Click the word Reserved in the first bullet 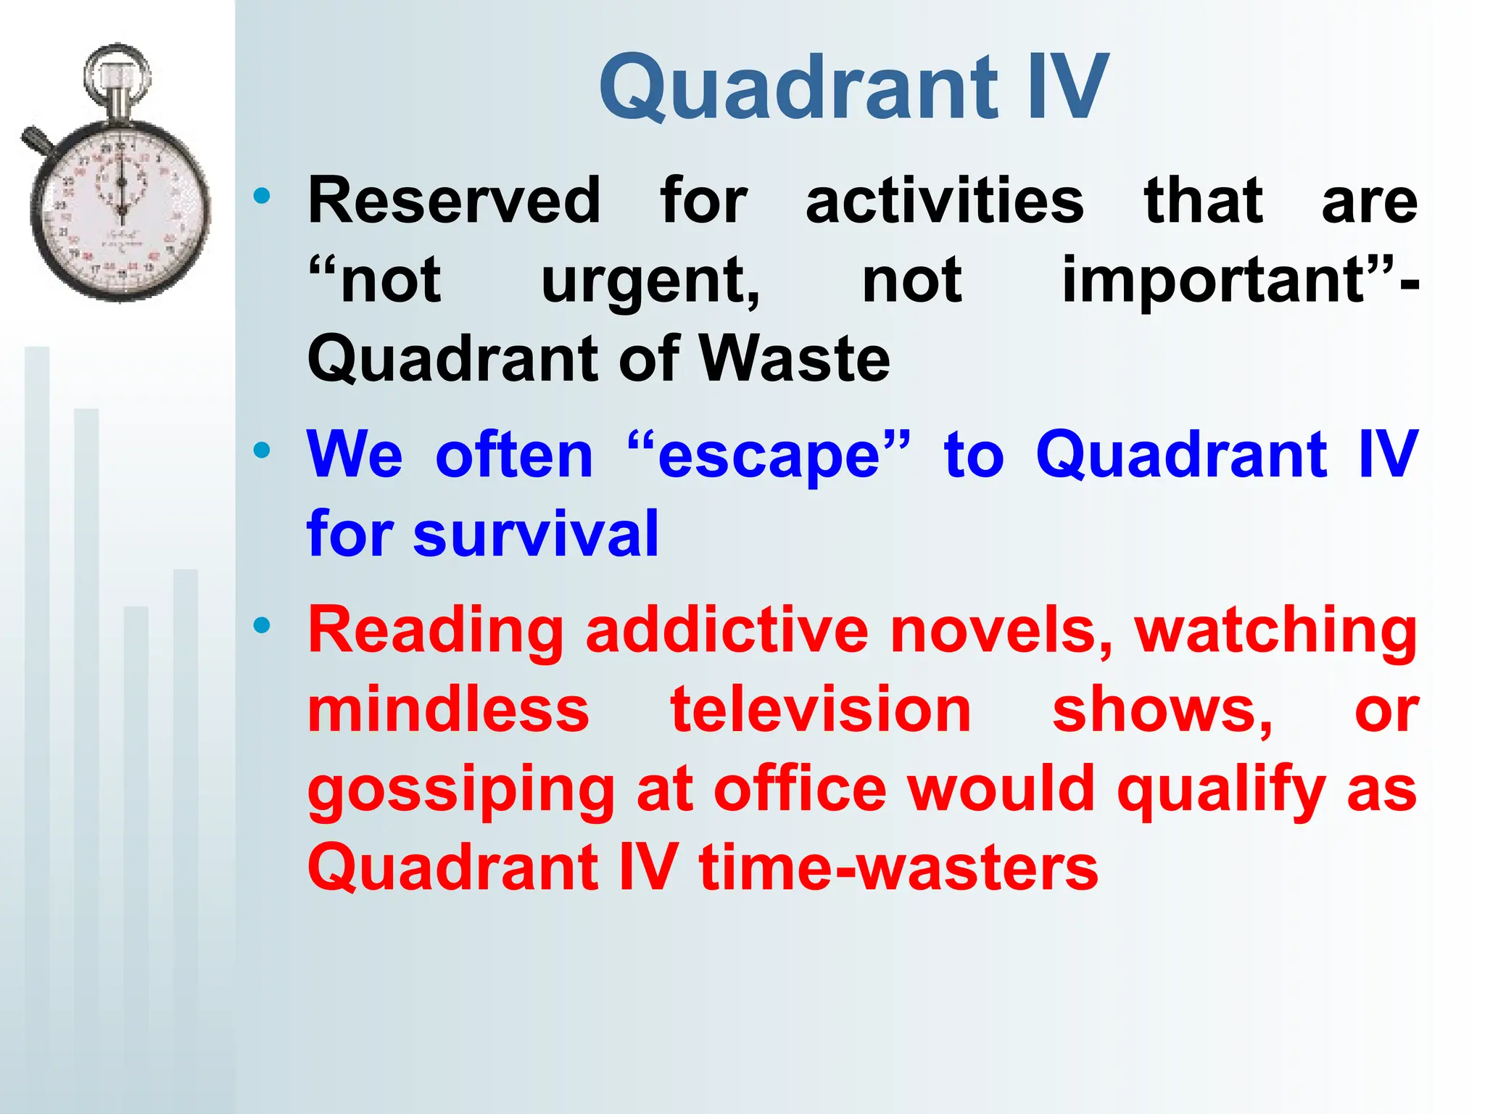(x=454, y=201)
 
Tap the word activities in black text (x=944, y=201)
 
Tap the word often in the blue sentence (x=514, y=455)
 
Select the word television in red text (x=820, y=709)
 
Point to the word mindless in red (x=448, y=709)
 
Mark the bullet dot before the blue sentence (x=262, y=451)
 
